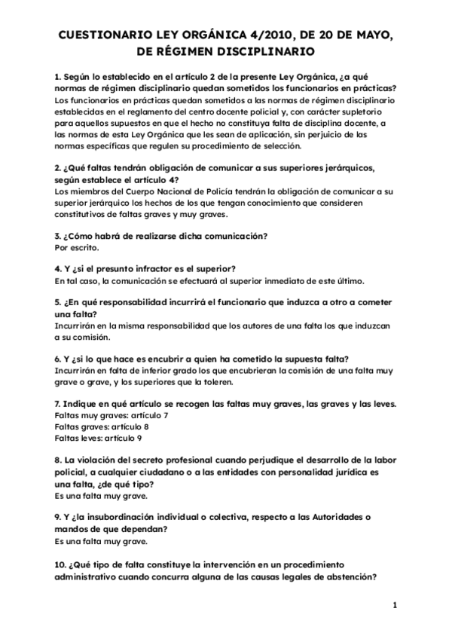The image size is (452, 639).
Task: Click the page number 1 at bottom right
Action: pos(394,605)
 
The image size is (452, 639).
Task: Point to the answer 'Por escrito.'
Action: pos(77,246)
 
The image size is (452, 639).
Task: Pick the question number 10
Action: pos(60,564)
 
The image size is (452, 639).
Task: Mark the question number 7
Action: pos(58,404)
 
